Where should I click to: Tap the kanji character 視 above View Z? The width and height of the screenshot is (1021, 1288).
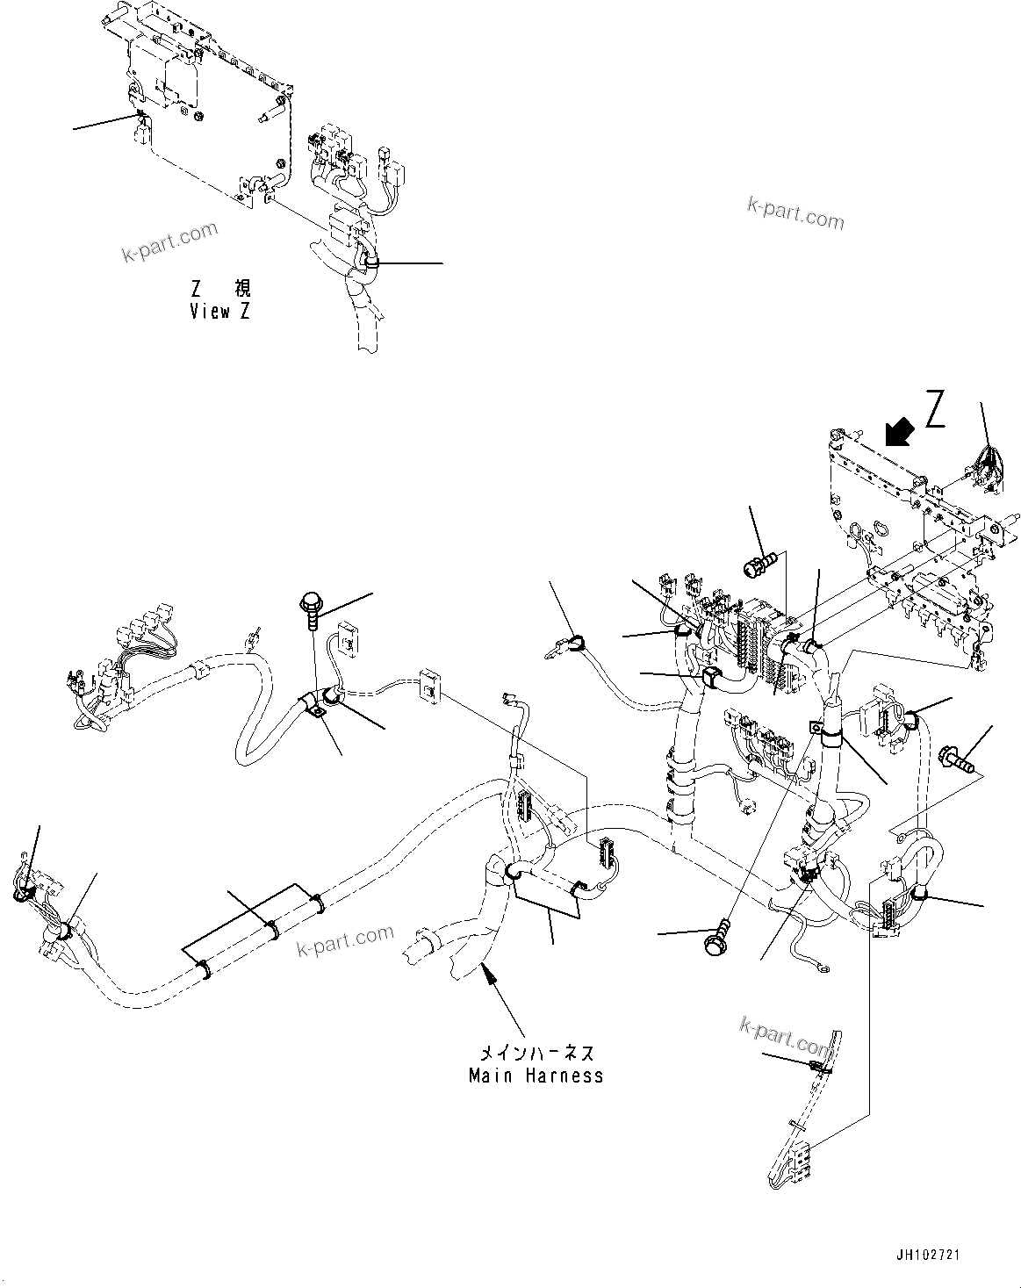pos(241,289)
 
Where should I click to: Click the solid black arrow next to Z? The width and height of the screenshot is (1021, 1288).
pos(899,432)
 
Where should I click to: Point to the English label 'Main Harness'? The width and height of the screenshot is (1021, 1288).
pos(536,1076)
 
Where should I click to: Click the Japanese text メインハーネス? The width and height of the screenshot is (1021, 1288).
pos(536,1053)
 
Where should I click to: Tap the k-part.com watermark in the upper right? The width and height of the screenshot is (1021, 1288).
pos(795,212)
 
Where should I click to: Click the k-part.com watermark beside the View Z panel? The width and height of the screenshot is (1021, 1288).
pos(169,243)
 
